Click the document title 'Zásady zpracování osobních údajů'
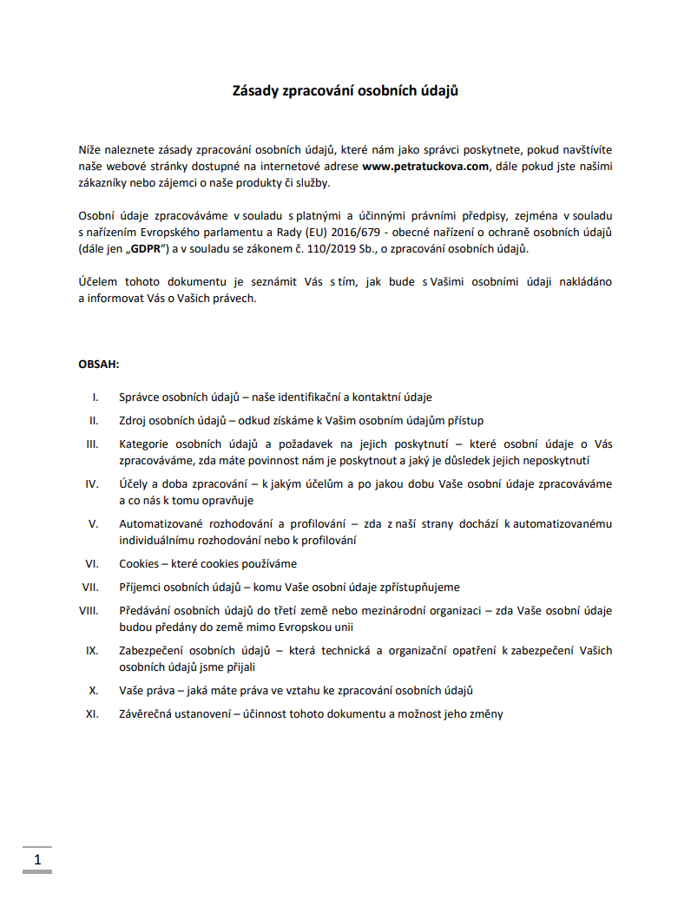(x=345, y=90)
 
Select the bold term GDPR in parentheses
(x=146, y=249)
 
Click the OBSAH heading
(x=99, y=364)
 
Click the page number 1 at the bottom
(x=37, y=860)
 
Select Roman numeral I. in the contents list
(x=95, y=397)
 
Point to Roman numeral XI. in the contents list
(x=91, y=714)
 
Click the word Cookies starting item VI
(x=139, y=563)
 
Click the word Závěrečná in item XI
(x=149, y=714)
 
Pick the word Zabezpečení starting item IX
(x=154, y=650)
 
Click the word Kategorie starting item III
(x=145, y=443)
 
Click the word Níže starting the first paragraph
(x=89, y=149)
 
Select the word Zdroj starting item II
(x=134, y=420)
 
